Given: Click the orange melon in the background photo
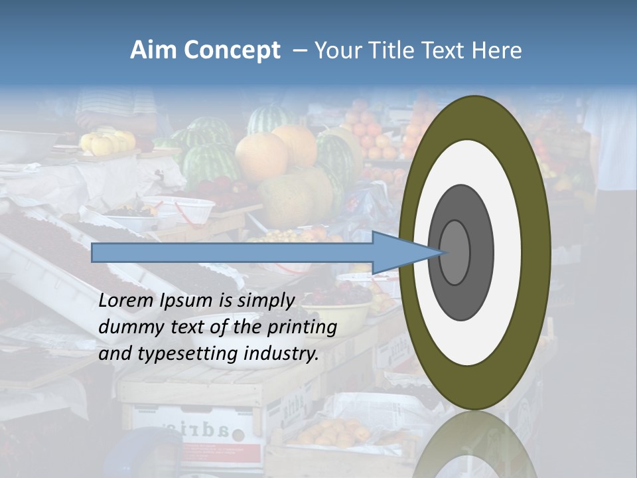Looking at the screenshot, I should tap(262, 157).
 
